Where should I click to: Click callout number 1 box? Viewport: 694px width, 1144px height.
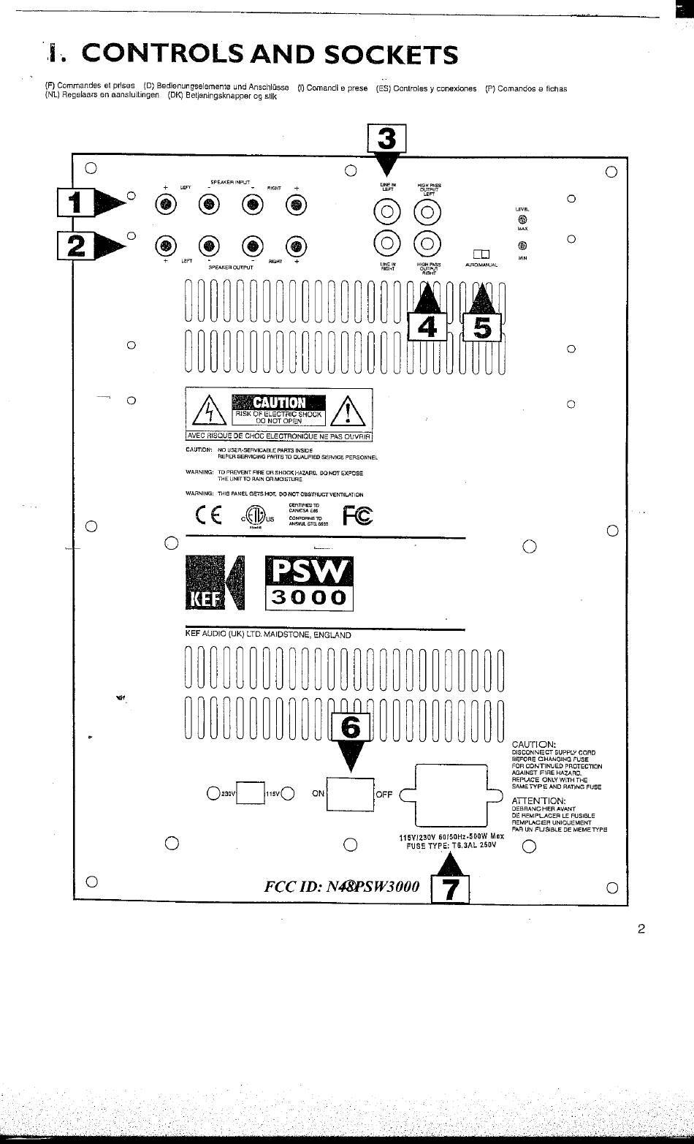[76, 202]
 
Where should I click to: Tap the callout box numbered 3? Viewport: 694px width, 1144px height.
[386, 139]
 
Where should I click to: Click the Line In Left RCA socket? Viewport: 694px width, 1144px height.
[387, 213]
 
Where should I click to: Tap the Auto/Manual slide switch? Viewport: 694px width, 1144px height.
[481, 254]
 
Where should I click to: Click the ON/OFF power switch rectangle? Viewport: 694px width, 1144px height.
[350, 794]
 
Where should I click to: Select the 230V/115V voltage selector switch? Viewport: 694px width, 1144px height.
[251, 792]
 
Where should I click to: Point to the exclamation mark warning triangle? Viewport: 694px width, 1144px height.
[348, 412]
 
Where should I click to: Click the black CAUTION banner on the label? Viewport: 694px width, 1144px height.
[278, 402]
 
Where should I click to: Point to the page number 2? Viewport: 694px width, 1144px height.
[641, 929]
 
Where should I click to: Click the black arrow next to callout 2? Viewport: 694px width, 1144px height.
[110, 243]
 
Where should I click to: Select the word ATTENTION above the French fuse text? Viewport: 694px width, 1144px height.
[538, 801]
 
